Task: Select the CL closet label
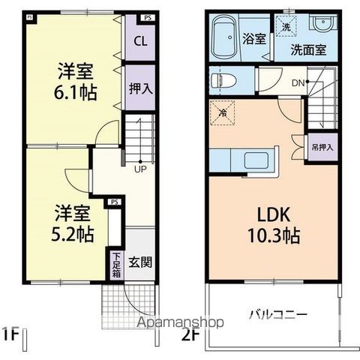point(139,41)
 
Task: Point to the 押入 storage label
point(139,88)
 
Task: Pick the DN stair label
point(297,82)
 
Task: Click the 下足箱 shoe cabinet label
point(116,265)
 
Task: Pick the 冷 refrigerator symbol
point(223,112)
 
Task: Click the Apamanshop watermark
point(180,322)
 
